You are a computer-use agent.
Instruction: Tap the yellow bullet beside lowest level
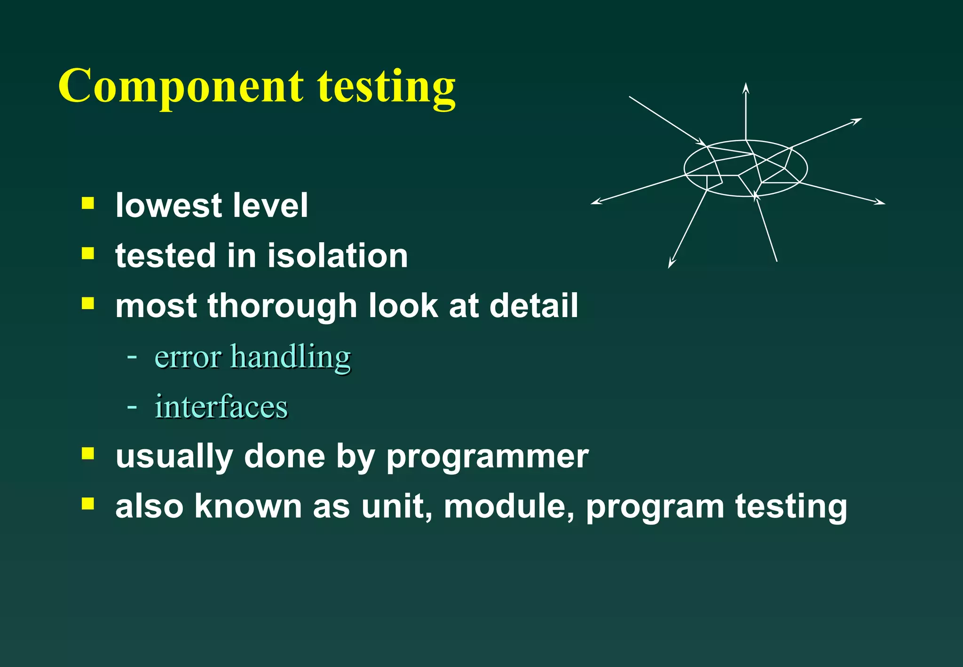click(87, 203)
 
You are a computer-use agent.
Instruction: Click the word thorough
click(282, 306)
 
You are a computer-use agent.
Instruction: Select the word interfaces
click(221, 407)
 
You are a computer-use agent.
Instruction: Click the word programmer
click(487, 456)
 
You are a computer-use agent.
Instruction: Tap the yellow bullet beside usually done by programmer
click(87, 453)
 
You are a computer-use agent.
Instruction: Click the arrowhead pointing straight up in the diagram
click(746, 88)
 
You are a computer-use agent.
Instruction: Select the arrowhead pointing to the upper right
click(857, 121)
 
